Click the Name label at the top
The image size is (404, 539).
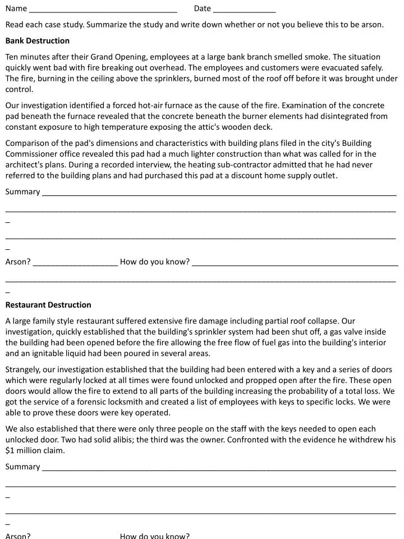[x=16, y=8]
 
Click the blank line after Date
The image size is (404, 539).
[x=244, y=10]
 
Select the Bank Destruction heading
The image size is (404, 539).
[x=38, y=41]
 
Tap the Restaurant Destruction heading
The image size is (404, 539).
[x=48, y=305]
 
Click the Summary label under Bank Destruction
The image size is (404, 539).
[x=22, y=191]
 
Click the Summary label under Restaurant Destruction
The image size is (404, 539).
[x=22, y=467]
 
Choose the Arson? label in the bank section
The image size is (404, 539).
[x=18, y=262]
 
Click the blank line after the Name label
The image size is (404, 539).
[x=103, y=10]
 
